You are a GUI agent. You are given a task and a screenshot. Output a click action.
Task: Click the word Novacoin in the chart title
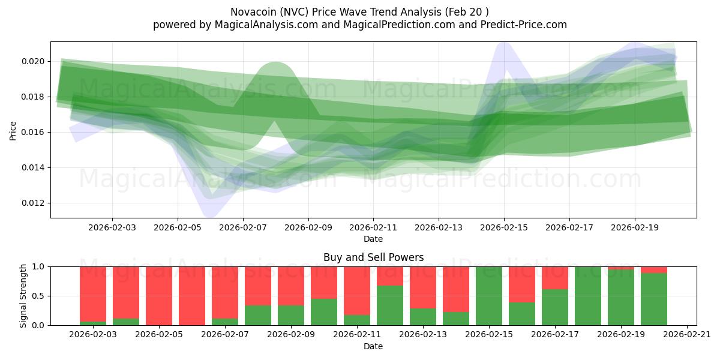click(251, 12)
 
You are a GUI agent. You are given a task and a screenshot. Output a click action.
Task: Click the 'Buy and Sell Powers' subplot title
click(373, 257)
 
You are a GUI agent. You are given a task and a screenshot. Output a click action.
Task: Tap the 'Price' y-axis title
click(13, 130)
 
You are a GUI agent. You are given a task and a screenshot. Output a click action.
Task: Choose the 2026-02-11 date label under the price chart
click(373, 227)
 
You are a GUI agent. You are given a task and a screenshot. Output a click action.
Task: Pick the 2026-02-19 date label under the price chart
click(635, 227)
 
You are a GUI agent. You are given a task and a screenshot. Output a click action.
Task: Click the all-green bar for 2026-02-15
click(489, 296)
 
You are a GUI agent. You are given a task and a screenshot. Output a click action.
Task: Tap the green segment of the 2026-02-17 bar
click(555, 307)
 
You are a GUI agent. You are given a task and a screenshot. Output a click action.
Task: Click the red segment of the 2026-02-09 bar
click(291, 286)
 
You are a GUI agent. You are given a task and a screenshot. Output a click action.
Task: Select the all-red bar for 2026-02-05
click(159, 296)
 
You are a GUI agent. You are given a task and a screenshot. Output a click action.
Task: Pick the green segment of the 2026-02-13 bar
click(423, 317)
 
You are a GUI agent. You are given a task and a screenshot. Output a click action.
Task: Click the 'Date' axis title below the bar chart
click(373, 346)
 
